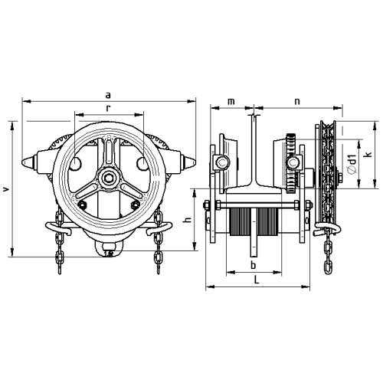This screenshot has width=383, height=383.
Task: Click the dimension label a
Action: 108,96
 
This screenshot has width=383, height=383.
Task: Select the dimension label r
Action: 108,109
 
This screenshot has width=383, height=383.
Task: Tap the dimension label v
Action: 7,189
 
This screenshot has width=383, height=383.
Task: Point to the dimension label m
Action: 231,102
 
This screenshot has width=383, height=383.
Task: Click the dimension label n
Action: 297,102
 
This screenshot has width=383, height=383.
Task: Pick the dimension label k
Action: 368,155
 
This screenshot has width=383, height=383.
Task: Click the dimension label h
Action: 188,220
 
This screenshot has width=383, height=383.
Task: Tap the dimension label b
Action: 253,265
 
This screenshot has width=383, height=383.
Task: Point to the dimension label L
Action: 257,280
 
